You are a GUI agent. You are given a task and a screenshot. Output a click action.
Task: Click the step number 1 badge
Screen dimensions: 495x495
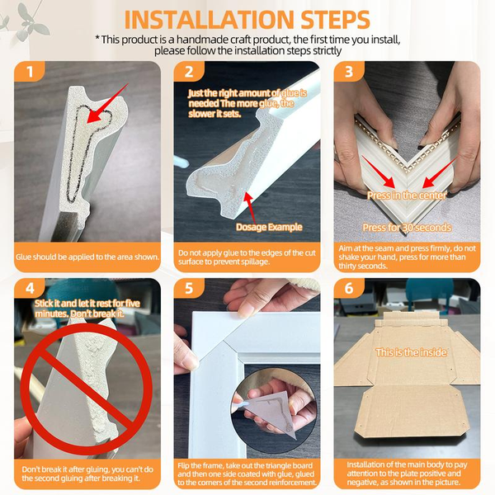point(29,71)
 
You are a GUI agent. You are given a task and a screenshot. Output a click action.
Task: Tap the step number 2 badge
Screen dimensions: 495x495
point(189,71)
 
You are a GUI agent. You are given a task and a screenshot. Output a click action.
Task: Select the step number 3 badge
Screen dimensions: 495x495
point(348,71)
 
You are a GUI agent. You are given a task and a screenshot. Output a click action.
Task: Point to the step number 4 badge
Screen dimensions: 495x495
point(29,288)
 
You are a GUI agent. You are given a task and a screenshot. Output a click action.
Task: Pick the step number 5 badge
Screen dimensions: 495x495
point(189,288)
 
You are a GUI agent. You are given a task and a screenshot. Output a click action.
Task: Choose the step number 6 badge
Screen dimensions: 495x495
point(348,288)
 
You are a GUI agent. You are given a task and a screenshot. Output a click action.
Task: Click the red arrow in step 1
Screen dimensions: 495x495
point(107,103)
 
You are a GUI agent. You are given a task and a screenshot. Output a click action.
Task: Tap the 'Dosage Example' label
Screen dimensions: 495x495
point(269,227)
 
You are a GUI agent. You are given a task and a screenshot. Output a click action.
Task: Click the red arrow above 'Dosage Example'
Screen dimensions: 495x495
point(250,207)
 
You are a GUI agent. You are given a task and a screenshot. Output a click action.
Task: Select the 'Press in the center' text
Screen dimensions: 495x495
point(407,196)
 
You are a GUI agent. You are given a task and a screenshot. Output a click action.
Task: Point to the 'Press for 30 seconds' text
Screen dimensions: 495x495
point(407,228)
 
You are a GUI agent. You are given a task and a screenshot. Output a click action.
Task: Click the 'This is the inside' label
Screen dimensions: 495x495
point(411,352)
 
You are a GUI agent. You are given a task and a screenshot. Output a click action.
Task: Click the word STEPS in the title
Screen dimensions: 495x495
point(335,20)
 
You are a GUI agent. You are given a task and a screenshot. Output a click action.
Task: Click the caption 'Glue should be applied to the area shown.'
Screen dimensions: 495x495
point(87,257)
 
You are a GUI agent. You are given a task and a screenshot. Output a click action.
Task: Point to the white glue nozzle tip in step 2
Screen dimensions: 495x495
point(184,163)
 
